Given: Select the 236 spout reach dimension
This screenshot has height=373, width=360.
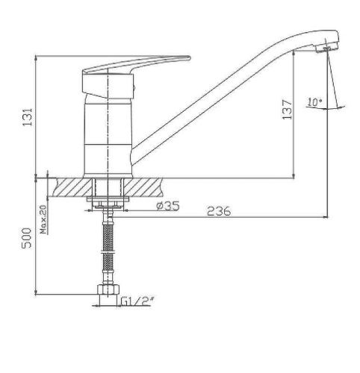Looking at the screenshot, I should click(218, 212).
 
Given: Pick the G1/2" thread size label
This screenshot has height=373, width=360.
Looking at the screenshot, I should click(137, 302).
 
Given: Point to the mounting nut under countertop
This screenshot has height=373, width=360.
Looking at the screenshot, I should click(109, 200).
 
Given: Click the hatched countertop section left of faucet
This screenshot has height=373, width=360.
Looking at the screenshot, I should click(72, 186).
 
